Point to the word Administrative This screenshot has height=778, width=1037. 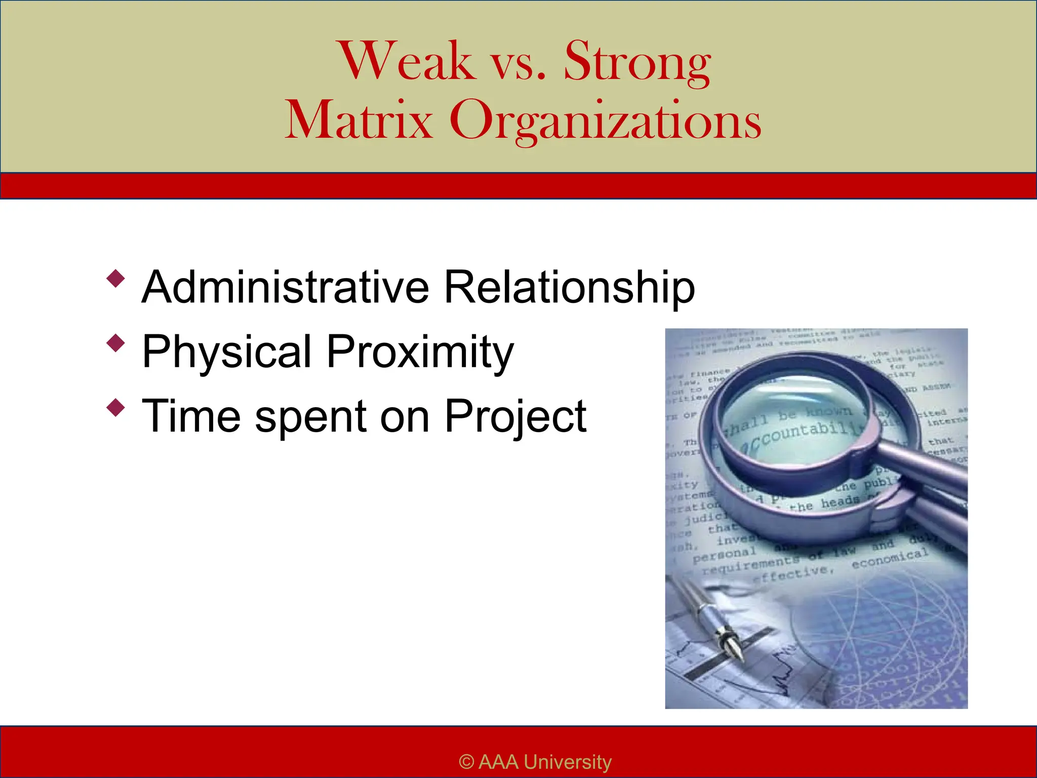[285, 287]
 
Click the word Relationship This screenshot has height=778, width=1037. [569, 287]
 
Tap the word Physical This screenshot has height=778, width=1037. [227, 352]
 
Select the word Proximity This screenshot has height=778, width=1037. [420, 352]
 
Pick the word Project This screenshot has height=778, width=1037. [515, 417]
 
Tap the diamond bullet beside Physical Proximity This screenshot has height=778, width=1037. [116, 343]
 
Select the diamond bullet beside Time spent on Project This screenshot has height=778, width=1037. [116, 407]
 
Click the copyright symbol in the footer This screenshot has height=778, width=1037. [466, 762]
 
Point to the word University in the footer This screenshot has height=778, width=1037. [568, 762]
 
